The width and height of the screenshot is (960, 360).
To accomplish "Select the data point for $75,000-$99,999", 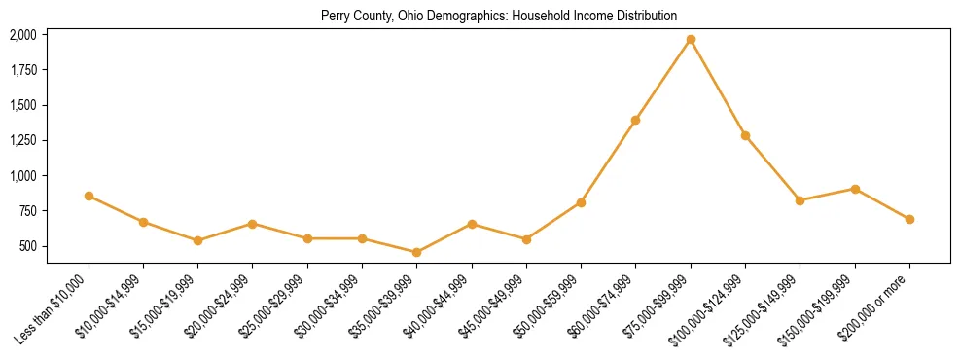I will (691, 40).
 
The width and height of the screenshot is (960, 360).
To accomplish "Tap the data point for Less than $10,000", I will (89, 196).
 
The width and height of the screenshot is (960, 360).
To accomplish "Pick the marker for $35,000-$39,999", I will (417, 252).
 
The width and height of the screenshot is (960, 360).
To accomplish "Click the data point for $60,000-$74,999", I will (636, 120).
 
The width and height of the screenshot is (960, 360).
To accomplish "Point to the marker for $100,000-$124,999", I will (745, 135).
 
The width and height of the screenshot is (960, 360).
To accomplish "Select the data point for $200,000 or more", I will (909, 219).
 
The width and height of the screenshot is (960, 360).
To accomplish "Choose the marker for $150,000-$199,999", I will (855, 189).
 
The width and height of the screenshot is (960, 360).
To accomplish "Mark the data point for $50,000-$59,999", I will (581, 202).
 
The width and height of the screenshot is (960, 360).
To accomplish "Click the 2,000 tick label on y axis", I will (23, 35).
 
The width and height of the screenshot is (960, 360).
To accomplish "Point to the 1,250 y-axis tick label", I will (23, 141).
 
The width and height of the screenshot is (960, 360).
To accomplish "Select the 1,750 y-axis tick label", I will (23, 70).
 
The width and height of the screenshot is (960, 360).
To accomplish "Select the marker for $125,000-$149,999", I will (800, 200).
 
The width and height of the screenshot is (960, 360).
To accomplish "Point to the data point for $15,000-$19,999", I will (198, 240).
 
